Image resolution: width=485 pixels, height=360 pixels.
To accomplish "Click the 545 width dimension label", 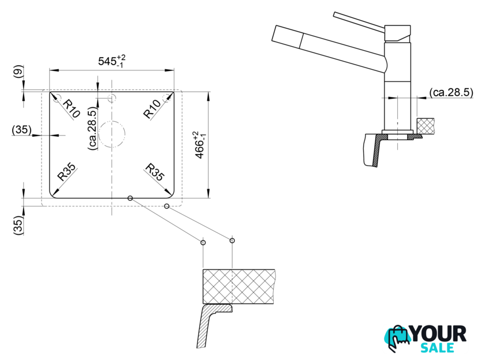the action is coord(111,61).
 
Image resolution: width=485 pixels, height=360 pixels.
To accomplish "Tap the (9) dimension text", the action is coord(19,72).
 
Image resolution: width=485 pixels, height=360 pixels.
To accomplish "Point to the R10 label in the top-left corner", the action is coord(71,108).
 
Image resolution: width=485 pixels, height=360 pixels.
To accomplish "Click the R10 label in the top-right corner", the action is coord(152,109).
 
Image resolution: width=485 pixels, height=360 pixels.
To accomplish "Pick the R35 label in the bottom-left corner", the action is coord(66,172).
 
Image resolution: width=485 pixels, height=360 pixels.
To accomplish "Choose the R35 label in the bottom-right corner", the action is coord(155,172).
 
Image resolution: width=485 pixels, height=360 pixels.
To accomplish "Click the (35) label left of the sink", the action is coord(22,129).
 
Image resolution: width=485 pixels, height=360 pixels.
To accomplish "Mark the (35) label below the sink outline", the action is coord(18,225).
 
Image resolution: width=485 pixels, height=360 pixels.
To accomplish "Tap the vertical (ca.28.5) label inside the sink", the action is coord(92,129).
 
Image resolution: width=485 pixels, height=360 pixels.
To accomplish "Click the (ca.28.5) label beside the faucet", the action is coord(452,92).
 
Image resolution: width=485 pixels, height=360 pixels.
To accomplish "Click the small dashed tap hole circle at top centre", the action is coord(111,98).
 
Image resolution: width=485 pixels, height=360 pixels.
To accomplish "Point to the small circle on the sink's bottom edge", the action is coord(130,198).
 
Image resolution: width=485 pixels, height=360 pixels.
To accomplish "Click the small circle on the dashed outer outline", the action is coord(167,206).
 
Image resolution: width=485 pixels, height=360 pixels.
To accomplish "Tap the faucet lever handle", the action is coord(359,21).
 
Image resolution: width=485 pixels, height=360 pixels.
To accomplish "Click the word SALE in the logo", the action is coord(437,348).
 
